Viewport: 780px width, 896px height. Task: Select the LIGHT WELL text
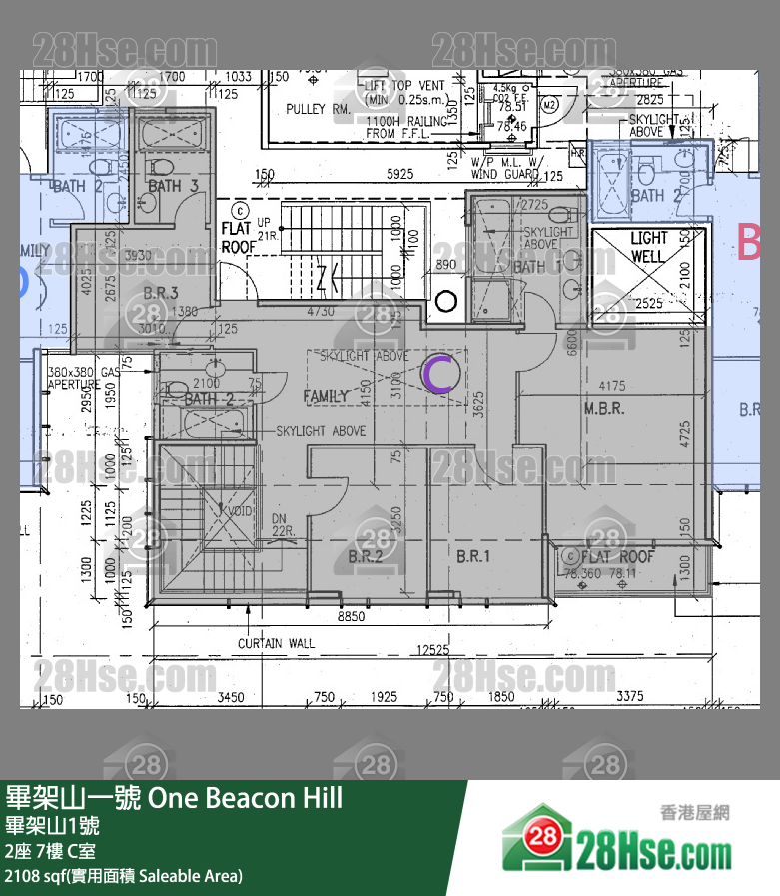[x=648, y=247]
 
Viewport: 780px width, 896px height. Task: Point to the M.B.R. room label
[x=603, y=408]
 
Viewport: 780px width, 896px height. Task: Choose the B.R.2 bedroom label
[x=365, y=556]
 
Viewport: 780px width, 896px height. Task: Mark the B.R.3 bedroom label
[x=161, y=293]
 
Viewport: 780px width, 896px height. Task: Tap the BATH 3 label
[x=166, y=186]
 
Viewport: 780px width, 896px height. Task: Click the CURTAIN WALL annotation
[x=276, y=643]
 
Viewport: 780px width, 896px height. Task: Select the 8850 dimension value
[x=350, y=618]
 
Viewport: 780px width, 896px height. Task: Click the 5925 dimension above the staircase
[x=399, y=174]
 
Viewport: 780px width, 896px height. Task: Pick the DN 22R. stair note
[x=283, y=525]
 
